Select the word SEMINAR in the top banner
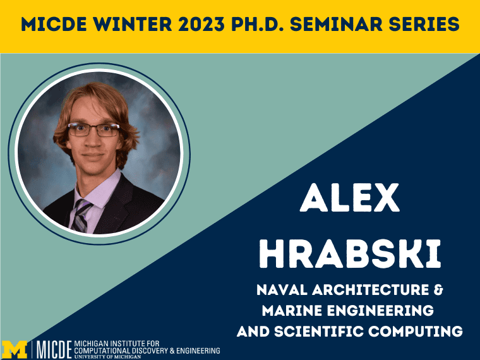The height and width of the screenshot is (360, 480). click(x=336, y=25)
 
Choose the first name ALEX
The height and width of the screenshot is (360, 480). click(x=350, y=198)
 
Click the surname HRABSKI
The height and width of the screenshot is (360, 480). click(x=350, y=254)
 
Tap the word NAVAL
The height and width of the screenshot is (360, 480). click(x=282, y=290)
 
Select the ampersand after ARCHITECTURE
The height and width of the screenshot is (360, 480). click(x=438, y=290)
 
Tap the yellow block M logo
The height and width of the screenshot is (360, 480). click(x=15, y=349)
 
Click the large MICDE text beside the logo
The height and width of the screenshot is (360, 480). click(x=54, y=349)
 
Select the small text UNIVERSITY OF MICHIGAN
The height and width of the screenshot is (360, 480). click(x=107, y=357)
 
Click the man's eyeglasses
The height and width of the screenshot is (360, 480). click(x=93, y=129)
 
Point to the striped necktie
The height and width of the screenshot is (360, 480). click(x=80, y=215)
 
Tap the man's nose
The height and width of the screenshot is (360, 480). click(x=92, y=140)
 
